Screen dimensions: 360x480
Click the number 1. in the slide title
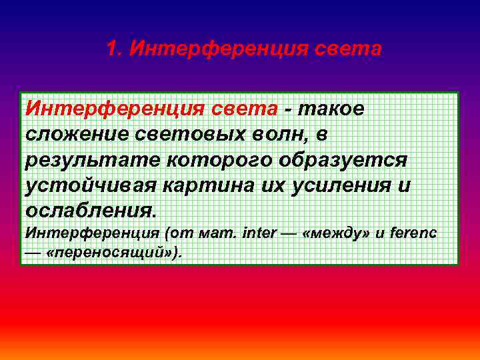point(115,49)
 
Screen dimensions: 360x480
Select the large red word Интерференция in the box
point(115,108)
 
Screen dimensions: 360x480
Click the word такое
point(331,108)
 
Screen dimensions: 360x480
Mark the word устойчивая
point(97,186)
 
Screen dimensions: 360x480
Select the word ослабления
point(90,212)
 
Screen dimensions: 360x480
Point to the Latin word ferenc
point(412,234)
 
